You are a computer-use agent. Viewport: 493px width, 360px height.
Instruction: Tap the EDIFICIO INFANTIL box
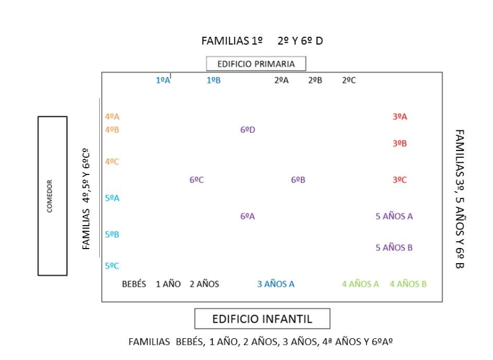tap(262, 319)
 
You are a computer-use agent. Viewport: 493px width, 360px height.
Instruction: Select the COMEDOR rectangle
tap(52, 196)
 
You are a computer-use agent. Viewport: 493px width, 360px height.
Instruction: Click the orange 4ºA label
tap(112, 116)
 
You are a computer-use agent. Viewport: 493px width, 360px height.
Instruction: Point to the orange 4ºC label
tap(112, 162)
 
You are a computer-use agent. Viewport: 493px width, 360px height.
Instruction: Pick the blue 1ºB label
tap(214, 80)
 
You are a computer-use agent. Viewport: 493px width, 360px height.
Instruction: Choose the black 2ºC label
tap(349, 80)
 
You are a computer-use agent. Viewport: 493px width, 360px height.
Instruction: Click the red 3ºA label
tap(399, 116)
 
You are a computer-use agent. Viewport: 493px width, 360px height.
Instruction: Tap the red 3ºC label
tap(399, 180)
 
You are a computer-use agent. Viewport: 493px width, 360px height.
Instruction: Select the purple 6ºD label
tap(248, 130)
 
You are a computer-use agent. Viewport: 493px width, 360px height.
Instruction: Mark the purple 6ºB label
tap(298, 180)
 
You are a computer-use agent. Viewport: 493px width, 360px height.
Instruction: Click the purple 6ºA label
tap(247, 216)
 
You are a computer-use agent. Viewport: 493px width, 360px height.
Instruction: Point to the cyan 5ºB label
tap(112, 235)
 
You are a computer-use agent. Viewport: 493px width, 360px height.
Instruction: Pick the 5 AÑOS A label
tap(394, 216)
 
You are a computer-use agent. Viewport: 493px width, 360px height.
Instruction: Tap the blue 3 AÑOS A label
tap(276, 284)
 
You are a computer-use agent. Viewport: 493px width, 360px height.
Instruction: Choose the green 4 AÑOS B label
tap(408, 284)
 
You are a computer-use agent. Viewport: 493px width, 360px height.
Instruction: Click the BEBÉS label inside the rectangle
tap(134, 284)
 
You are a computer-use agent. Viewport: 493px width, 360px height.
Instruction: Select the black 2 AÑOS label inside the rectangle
tap(204, 284)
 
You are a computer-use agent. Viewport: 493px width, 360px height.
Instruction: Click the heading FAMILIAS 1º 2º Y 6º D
tap(262, 41)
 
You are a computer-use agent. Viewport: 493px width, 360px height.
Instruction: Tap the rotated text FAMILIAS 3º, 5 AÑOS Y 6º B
tap(460, 198)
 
